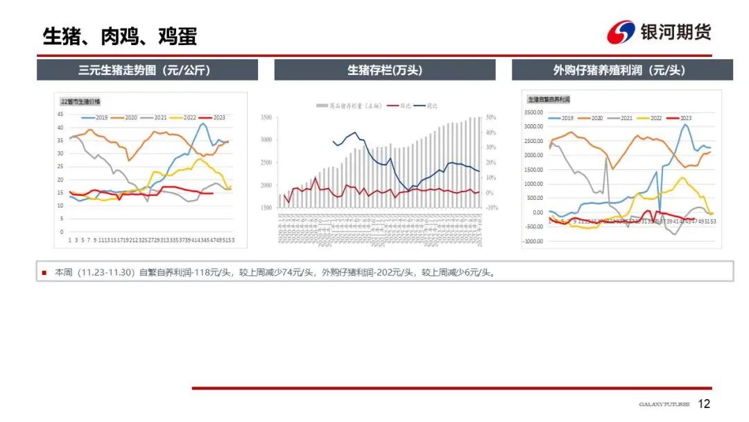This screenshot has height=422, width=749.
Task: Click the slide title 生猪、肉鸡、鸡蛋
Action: (x=119, y=36)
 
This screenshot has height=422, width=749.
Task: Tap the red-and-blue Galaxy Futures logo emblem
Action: (x=621, y=32)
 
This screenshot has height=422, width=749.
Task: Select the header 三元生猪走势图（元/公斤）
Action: (x=147, y=70)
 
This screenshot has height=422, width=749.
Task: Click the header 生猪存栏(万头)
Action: (x=385, y=70)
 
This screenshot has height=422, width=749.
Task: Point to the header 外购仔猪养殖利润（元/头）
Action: (x=622, y=70)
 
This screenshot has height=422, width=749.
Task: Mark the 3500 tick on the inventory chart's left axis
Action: (x=267, y=118)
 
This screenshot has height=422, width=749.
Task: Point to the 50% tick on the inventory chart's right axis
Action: (x=490, y=118)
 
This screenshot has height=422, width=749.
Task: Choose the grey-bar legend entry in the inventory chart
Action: (x=347, y=105)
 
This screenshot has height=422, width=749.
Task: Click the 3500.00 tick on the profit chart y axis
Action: (x=535, y=112)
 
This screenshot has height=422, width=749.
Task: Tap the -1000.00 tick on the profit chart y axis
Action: (x=534, y=241)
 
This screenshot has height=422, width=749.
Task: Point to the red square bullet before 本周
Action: (x=44, y=273)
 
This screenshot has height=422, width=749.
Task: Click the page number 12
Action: (x=704, y=404)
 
